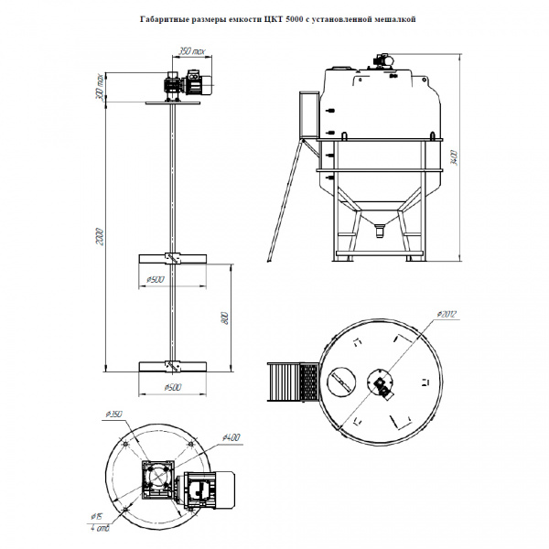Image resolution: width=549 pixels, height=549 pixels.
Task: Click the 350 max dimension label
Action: pyautogui.click(x=189, y=51)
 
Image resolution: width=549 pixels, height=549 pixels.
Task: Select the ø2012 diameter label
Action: pyautogui.click(x=447, y=314)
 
